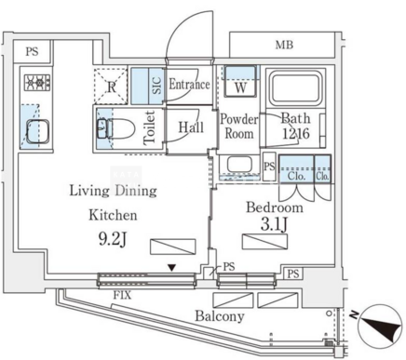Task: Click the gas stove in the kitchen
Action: click(37, 83)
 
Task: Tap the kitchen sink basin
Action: click(38, 131)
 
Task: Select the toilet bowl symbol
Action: click(116, 129)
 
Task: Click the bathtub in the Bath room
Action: click(296, 88)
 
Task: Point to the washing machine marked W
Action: click(240, 81)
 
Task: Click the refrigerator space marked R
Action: click(111, 87)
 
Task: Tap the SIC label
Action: click(156, 86)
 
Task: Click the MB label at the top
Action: click(284, 46)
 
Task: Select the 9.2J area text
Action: click(113, 239)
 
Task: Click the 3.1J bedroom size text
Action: click(275, 224)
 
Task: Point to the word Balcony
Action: click(220, 316)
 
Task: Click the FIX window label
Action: click(122, 295)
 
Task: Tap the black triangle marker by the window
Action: click(171, 267)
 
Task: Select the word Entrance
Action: click(189, 85)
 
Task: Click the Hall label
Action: click(191, 127)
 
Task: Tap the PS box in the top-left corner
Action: click(32, 51)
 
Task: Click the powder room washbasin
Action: click(239, 165)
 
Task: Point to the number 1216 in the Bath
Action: click(296, 134)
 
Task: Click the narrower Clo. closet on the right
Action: click(322, 169)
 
